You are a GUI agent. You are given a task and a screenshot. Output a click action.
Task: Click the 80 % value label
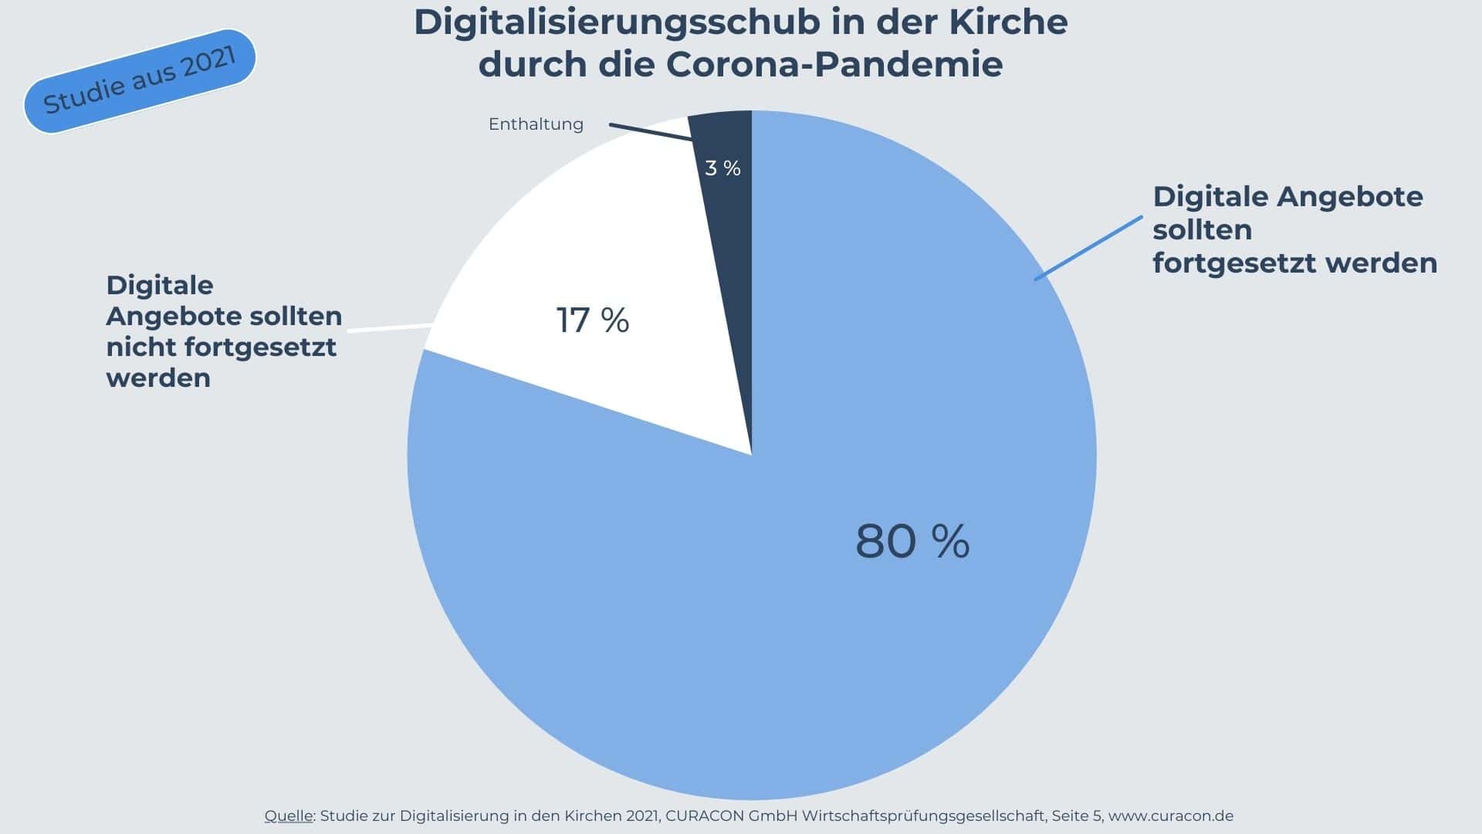click(x=912, y=541)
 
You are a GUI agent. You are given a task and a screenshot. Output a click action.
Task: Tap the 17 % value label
click(x=593, y=320)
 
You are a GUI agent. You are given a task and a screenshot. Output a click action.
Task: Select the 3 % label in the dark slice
click(x=722, y=168)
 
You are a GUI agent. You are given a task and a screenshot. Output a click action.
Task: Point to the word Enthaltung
click(x=536, y=124)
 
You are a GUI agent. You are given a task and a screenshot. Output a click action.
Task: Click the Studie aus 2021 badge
click(x=140, y=81)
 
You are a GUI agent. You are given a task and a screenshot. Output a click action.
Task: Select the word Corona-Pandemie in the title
click(x=834, y=64)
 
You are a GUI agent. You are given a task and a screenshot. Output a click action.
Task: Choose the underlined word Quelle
click(x=289, y=816)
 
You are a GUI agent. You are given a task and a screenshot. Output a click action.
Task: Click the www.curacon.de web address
click(x=1170, y=816)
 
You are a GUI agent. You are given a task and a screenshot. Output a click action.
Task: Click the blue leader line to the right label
click(x=1088, y=248)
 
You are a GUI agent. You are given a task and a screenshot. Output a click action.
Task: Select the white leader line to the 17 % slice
click(x=390, y=328)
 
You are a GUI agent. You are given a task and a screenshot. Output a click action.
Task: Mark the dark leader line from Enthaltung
click(x=650, y=132)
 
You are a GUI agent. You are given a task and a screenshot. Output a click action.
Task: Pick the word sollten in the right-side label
click(x=1202, y=230)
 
